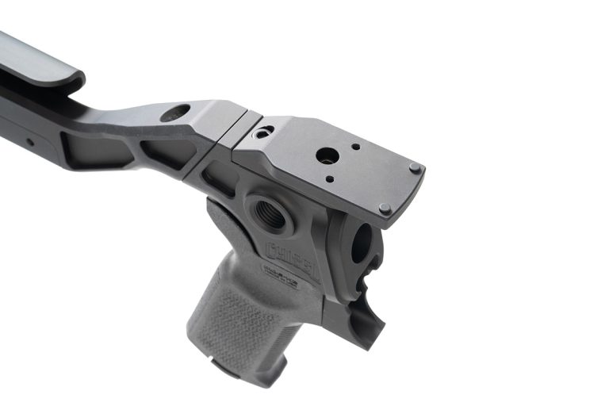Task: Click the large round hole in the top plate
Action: coord(326,155)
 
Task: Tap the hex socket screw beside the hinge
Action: coord(264,131)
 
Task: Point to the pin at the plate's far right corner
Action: coord(414,167)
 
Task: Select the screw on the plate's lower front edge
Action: coord(384,209)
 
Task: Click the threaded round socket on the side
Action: coord(270,214)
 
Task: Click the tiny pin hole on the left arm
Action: coord(30,142)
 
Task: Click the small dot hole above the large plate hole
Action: coord(354,146)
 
